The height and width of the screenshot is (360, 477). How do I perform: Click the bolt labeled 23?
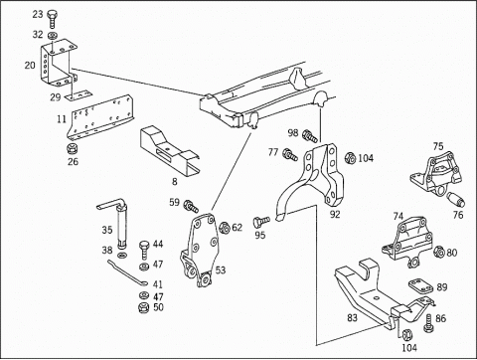click(52, 19)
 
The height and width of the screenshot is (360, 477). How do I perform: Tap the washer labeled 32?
click(52, 35)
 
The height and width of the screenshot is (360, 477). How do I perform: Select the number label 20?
click(30, 65)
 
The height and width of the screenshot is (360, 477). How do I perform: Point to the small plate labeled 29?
click(79, 95)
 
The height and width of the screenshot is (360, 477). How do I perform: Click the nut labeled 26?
click(73, 149)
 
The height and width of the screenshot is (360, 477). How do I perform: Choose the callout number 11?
click(62, 118)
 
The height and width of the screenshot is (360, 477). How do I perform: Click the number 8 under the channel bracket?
click(175, 181)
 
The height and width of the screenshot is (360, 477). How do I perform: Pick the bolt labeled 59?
click(191, 206)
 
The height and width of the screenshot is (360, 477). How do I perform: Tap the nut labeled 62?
click(225, 227)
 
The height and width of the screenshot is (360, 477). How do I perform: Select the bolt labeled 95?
click(261, 221)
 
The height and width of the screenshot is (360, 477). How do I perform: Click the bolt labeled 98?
click(310, 136)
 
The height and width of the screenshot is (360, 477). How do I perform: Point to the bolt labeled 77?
click(290, 155)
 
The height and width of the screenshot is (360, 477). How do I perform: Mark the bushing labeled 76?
click(457, 200)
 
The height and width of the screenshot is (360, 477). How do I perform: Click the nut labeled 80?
click(439, 253)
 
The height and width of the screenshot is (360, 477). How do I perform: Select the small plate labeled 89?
click(420, 286)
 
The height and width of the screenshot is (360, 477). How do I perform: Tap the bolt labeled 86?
click(428, 323)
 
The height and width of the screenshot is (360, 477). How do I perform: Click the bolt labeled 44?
click(144, 250)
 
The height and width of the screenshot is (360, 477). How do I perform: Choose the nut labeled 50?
click(143, 307)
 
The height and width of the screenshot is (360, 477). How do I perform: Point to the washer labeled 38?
click(123, 256)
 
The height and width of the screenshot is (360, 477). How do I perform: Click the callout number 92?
click(335, 214)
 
